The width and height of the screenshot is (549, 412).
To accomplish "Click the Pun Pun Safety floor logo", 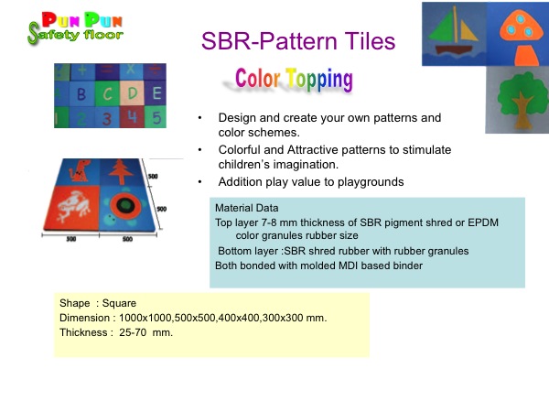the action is click(75, 28).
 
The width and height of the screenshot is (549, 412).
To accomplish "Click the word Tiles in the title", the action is click(370, 41).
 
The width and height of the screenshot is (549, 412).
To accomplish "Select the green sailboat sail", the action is click(442, 27).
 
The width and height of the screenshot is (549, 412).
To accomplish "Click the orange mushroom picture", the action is click(518, 38).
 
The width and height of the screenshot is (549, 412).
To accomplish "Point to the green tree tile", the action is click(519, 100).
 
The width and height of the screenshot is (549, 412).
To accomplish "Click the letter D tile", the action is click(132, 93).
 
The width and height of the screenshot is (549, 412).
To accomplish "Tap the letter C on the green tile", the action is click(107, 94).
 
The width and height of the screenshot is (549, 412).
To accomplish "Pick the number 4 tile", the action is click(132, 116).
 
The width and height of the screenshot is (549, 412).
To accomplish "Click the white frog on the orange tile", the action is click(74, 207).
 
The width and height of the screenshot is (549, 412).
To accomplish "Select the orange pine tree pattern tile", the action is click(121, 172).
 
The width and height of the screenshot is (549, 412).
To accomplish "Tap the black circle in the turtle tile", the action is click(125, 206).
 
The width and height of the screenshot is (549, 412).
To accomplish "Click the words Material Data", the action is click(246, 208).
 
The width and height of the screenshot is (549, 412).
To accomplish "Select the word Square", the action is click(119, 303).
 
